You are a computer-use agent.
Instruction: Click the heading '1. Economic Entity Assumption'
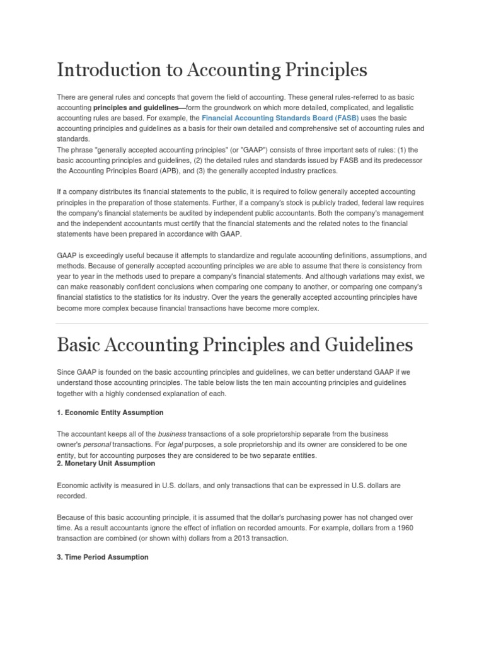[x=110, y=413]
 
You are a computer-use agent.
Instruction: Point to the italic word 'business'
[x=171, y=435]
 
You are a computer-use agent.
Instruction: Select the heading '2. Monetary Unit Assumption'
[x=106, y=464]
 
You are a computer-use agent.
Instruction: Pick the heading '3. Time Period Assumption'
[x=103, y=557]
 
